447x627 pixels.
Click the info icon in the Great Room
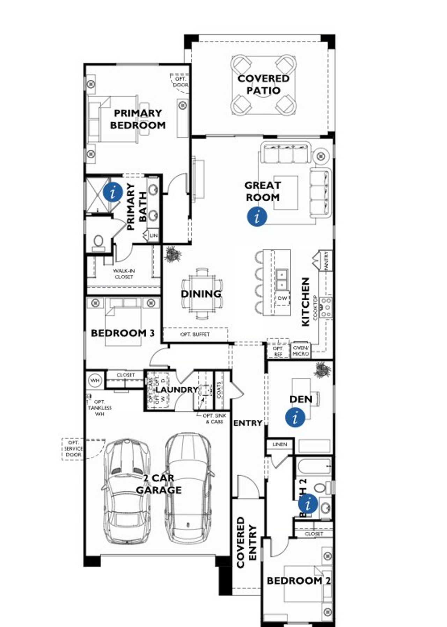pyautogui.click(x=257, y=217)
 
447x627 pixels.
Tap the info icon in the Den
pyautogui.click(x=295, y=417)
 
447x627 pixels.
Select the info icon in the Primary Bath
pyautogui.click(x=113, y=192)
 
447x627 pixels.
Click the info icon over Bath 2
pyautogui.click(x=308, y=504)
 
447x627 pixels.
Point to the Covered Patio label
pyautogui.click(x=264, y=84)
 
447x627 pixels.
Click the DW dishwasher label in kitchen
pyautogui.click(x=283, y=298)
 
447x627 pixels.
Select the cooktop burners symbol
pyautogui.click(x=327, y=307)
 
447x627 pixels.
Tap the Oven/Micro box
pyautogui.click(x=301, y=351)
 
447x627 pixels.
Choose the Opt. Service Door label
pyautogui.click(x=74, y=449)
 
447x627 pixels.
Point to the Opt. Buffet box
pyautogui.click(x=195, y=334)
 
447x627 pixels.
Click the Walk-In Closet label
pyautogui.click(x=124, y=274)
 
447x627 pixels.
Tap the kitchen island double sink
pyautogui.click(x=282, y=279)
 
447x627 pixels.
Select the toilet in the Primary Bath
pyautogui.click(x=98, y=242)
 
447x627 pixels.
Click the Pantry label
pyautogui.click(x=327, y=260)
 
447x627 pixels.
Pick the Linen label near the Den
pyautogui.click(x=280, y=444)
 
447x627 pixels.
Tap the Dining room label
pyautogui.click(x=201, y=294)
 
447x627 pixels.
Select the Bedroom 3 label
pyautogui.click(x=123, y=333)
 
